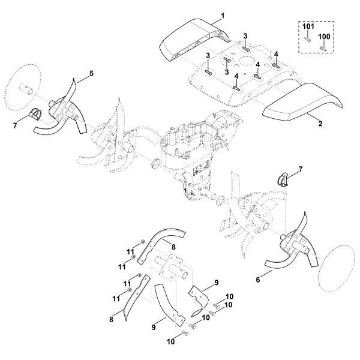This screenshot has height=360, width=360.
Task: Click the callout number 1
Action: pyautogui.click(x=223, y=16)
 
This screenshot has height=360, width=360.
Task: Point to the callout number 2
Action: pyautogui.click(x=320, y=124)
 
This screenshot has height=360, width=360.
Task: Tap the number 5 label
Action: pyautogui.click(x=91, y=74)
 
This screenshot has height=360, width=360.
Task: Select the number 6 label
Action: pyautogui.click(x=258, y=280)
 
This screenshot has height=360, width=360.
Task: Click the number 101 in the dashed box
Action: pyautogui.click(x=308, y=26)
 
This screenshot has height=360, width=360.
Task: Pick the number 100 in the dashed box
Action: pyautogui.click(x=324, y=37)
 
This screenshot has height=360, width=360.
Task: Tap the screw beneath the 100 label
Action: pyautogui.click(x=323, y=49)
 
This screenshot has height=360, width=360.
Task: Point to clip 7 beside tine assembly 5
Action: pyautogui.click(x=36, y=113)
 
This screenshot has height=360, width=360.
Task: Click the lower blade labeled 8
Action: pyautogui.click(x=137, y=296)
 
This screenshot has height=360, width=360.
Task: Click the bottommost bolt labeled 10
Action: pyautogui.click(x=185, y=332)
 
